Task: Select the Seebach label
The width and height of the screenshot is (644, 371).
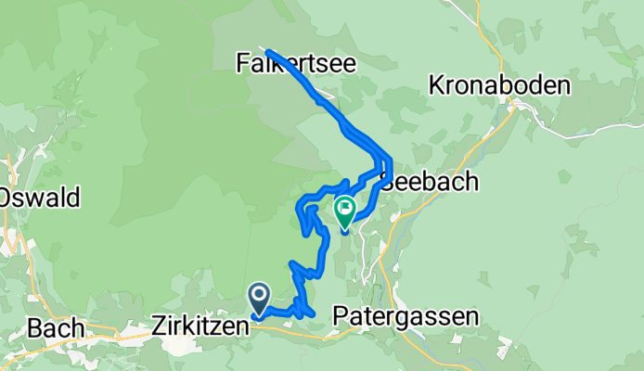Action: pos(431,182)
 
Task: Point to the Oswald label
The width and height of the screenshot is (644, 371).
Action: pos(42,198)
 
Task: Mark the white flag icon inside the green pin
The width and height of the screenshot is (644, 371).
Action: pos(345,209)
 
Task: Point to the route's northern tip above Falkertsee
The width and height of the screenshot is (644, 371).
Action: pos(267,50)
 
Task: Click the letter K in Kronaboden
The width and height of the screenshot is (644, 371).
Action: pos(435,85)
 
